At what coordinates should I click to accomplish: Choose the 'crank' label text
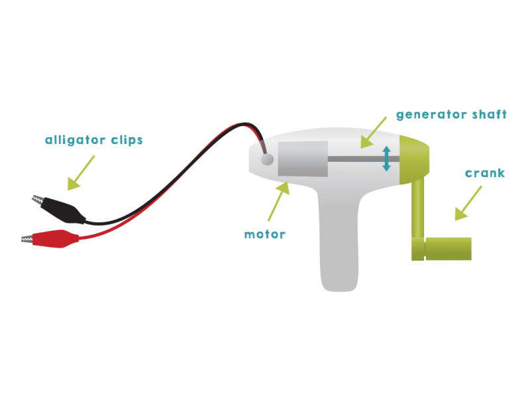point(484,173)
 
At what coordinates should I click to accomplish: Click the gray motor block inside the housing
point(303,159)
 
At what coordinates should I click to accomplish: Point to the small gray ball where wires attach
point(268,159)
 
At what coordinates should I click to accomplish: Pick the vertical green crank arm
point(418,212)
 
